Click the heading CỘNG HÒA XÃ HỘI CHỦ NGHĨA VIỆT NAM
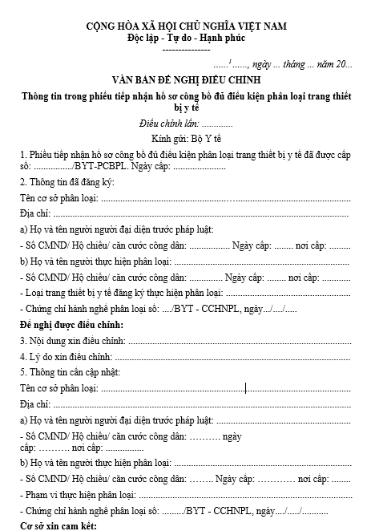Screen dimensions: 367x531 coord(186,26)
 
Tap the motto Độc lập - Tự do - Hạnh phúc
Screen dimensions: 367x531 coord(186,38)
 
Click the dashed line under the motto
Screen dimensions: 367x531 coord(186,48)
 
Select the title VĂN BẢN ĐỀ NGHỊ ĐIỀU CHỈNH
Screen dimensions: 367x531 coord(186,81)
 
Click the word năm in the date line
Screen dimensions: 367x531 coord(328,63)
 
